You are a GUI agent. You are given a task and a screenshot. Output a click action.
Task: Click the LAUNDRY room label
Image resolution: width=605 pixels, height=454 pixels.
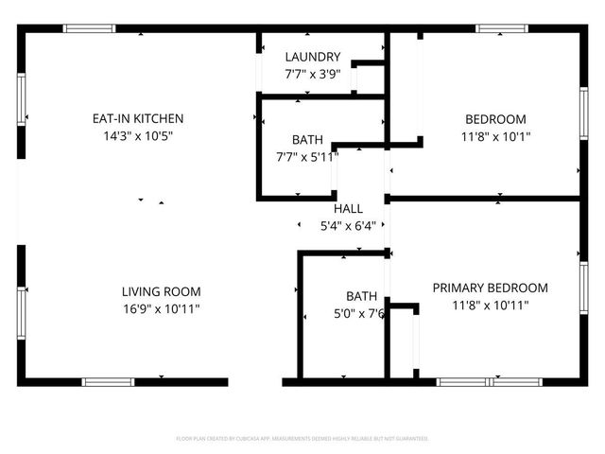pos(313,58)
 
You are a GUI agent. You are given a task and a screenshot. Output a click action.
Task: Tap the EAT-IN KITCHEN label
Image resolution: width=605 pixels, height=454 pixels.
pos(137,119)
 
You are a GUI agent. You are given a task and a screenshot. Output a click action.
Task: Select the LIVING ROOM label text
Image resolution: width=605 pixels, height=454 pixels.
pos(161,292)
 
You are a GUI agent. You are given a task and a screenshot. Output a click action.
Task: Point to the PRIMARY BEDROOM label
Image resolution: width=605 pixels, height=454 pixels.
pos(490,288)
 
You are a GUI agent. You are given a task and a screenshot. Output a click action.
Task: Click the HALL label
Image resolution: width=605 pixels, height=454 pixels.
pos(347,209)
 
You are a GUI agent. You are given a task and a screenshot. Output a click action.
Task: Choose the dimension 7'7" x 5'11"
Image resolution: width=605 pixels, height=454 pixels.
pos(306,157)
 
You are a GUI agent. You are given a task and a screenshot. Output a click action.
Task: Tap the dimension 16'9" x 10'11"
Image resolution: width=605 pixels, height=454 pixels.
pos(161,309)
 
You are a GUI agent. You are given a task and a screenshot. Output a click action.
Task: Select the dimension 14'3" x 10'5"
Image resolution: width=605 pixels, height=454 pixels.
pos(137,136)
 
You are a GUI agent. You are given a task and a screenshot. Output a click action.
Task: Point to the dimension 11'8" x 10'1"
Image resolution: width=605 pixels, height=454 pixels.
pos(495,136)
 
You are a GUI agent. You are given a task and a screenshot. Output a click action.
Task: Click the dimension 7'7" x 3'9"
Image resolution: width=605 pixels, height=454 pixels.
pos(313,74)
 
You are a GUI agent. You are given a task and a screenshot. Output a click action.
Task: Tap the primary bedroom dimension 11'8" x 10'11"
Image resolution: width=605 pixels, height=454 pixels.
pos(490,306)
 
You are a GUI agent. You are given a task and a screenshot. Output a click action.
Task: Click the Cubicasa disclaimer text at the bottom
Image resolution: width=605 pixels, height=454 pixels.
pos(302,439)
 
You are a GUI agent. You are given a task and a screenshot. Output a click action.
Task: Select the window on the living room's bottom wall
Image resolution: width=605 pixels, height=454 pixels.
pos(108,382)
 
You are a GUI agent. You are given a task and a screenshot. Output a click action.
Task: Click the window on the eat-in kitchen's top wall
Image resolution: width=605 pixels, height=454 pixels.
pos(89,28)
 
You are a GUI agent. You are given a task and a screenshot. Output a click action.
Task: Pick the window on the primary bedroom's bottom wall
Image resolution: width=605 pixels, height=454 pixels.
pos(491,382)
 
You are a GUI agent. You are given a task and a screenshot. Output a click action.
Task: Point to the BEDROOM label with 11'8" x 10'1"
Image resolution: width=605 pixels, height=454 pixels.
pos(495,119)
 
